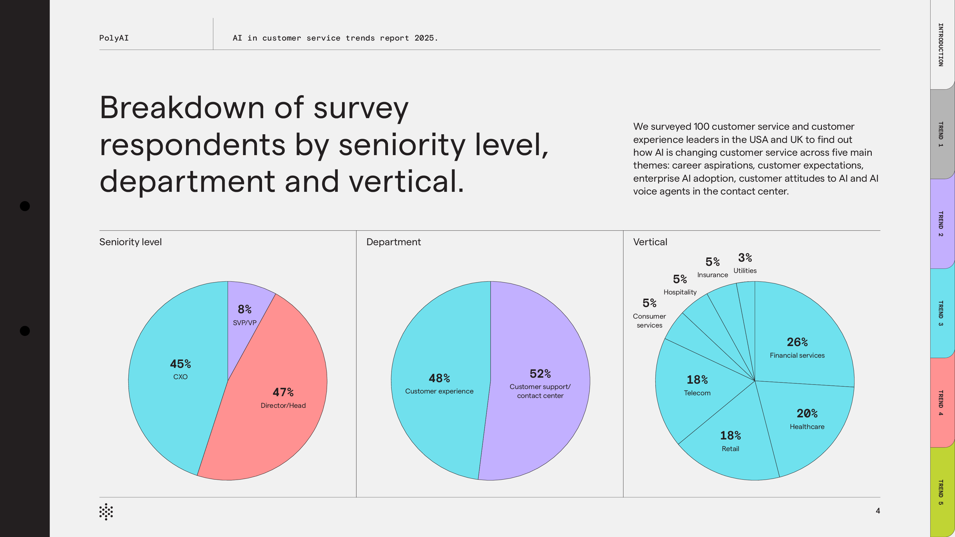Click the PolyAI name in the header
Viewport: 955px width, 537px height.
coord(114,38)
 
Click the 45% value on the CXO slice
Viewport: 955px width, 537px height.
coord(180,364)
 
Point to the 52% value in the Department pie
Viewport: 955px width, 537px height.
coord(540,374)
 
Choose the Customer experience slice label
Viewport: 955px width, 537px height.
coord(439,391)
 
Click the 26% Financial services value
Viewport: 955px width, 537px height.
coord(797,342)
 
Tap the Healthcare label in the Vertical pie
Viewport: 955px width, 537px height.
coord(807,427)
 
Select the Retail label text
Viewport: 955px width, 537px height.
coord(730,449)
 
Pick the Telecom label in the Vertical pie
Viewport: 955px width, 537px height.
coord(697,393)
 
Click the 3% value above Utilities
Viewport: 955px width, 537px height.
coord(745,257)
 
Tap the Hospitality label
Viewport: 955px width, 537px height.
coord(680,292)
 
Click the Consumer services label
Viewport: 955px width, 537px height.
coord(649,321)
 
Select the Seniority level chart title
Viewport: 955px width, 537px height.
coord(130,242)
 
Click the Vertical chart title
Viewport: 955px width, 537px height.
coord(650,242)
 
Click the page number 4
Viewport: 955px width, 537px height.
coord(877,511)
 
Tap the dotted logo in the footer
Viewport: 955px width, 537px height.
coord(106,512)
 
